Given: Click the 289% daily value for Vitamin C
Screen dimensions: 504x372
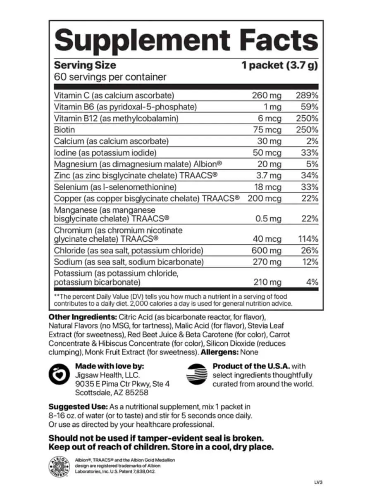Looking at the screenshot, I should [307, 95].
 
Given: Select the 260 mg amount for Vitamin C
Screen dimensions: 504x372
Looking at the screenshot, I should [267, 95].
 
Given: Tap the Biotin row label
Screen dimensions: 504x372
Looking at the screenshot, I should [64, 130].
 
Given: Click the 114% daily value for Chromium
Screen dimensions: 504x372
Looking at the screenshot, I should [308, 239].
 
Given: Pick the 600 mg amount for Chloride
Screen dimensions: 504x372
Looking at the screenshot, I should [266, 250].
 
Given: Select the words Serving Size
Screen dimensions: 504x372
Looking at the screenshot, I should [85, 65].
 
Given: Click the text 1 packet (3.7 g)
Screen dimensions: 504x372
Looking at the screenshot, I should [279, 65].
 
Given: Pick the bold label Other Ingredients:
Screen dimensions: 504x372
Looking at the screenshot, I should [83, 317].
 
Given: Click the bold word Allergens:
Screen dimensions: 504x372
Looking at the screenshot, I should [219, 352].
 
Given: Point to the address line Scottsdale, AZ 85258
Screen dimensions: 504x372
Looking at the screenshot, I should [112, 393].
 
